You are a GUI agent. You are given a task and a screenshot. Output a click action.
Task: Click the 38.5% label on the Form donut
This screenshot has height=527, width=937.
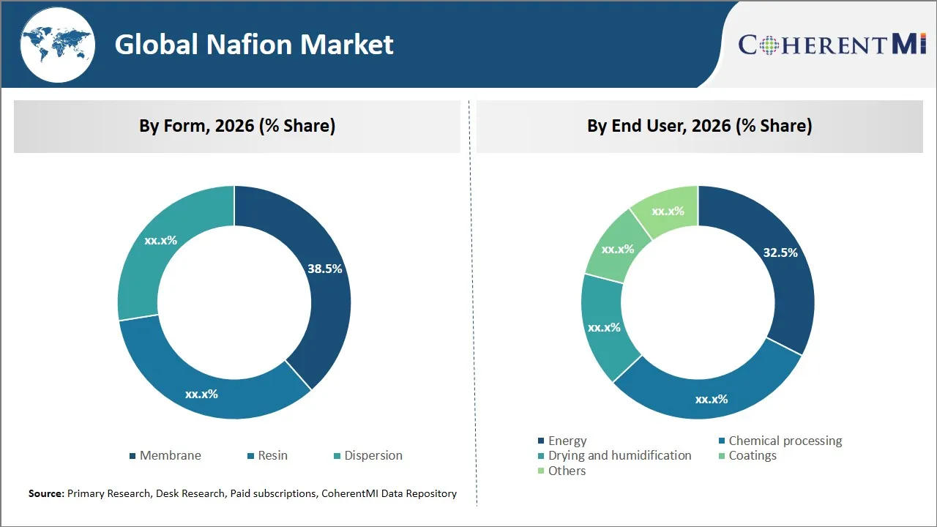[324, 269]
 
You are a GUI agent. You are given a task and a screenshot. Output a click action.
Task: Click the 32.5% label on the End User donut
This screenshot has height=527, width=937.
[780, 253]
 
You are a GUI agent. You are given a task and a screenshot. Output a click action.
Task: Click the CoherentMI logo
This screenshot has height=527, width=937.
[832, 45]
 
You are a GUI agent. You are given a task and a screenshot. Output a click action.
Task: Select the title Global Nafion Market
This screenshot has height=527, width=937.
[254, 45]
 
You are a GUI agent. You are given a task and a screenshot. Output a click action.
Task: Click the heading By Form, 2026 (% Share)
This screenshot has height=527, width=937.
[237, 126]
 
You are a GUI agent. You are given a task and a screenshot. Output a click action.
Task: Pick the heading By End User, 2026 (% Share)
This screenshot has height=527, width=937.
[699, 126]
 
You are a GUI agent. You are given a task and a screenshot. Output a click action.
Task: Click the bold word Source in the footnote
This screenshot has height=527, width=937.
[46, 494]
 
